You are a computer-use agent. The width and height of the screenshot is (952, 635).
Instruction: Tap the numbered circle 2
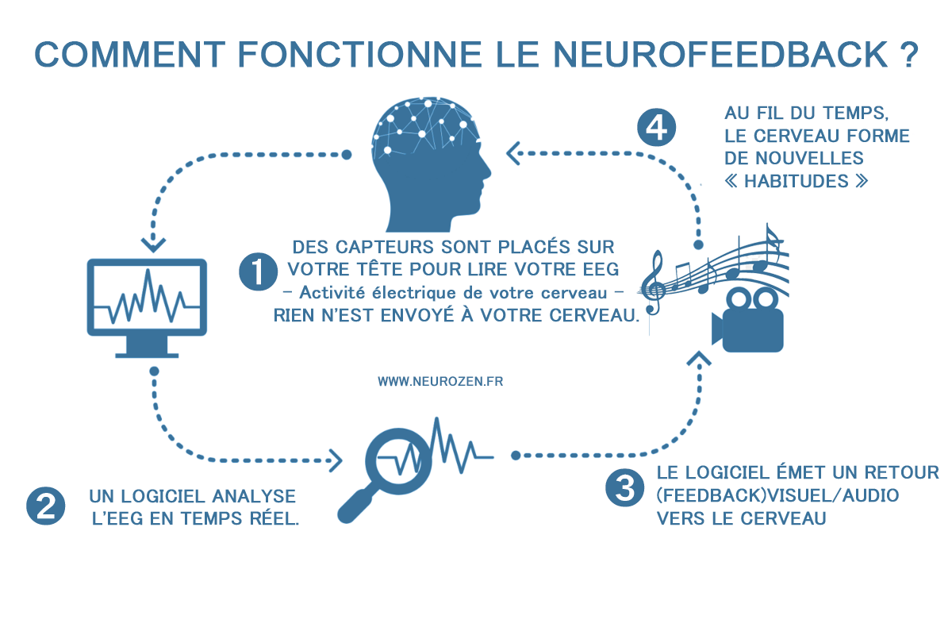pos(44,506)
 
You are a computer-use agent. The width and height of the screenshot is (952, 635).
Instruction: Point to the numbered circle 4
pos(658,128)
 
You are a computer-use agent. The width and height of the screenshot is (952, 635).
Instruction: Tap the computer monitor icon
pos(147,306)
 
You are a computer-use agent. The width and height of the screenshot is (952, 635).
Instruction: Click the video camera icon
pos(746,321)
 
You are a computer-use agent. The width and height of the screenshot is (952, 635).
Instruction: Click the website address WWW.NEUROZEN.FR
pos(440,381)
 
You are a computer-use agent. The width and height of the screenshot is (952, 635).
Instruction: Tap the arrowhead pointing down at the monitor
pos(152,241)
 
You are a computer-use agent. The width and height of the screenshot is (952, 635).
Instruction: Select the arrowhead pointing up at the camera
pos(700,360)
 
